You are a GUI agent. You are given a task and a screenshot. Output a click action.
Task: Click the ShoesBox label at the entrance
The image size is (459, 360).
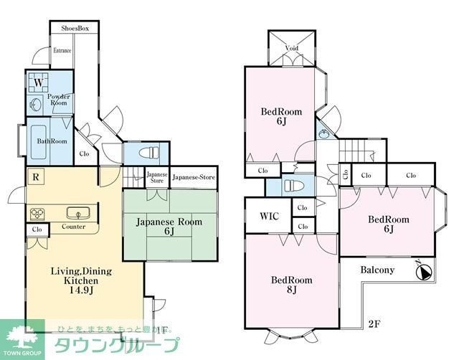[x=74, y=29]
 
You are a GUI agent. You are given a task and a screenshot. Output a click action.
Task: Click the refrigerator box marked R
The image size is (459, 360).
[x=34, y=176]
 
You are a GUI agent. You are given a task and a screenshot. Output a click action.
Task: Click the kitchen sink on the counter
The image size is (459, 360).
[x=75, y=213]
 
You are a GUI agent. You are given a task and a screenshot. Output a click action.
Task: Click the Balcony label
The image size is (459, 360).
[x=377, y=270]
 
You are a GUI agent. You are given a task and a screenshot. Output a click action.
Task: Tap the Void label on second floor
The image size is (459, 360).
[x=291, y=49]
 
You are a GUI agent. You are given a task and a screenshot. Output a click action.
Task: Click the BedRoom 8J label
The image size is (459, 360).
[x=290, y=285]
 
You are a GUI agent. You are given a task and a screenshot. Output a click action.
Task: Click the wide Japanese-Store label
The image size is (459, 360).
[x=194, y=176]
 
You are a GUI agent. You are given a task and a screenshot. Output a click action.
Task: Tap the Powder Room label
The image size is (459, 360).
[x=57, y=100]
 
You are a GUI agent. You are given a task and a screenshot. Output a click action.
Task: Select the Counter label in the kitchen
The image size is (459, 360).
[x=73, y=227]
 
